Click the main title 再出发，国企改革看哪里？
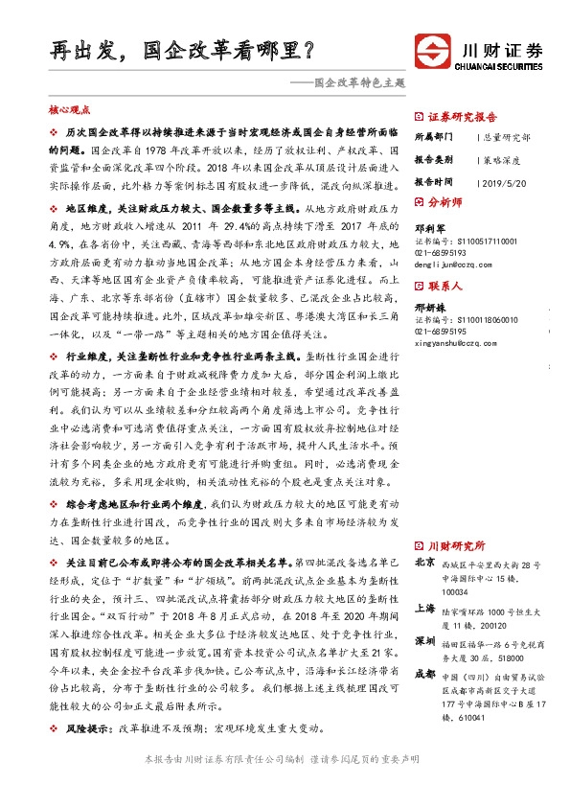point(182,47)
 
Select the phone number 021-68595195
point(440,331)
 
